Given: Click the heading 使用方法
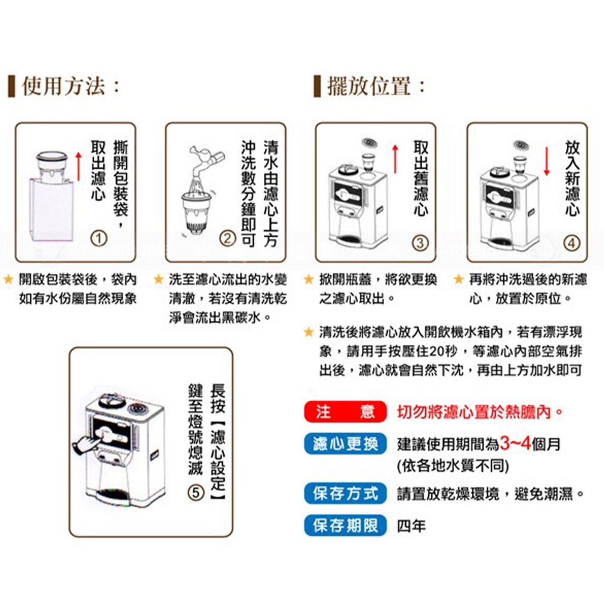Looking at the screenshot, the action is click(63, 86).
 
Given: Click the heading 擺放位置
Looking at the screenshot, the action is click(368, 86).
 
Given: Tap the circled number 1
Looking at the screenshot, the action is click(98, 239).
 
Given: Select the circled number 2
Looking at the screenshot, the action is click(227, 239).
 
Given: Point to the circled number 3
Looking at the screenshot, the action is click(420, 243).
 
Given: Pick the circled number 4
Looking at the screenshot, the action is click(571, 243).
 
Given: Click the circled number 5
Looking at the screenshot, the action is click(196, 493).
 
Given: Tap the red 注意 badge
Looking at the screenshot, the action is click(345, 412).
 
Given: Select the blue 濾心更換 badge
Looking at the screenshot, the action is click(345, 444).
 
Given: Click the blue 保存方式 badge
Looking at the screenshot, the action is click(345, 493).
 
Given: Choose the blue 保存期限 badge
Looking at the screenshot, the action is click(345, 525).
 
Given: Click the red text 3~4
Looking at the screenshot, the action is click(515, 444).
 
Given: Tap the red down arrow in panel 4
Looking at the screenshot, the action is click(546, 161).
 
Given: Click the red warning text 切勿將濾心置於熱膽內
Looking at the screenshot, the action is click(480, 412).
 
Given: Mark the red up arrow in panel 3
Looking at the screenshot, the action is click(395, 159).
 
